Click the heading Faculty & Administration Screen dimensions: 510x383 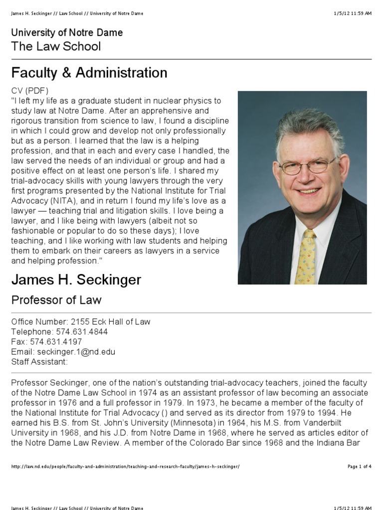coord(89,73)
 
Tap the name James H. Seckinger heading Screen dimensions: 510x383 coord(76,280)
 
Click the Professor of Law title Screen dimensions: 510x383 coord(56,300)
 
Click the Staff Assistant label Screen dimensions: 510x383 coord(39,362)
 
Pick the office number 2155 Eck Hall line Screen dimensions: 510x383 coord(81,322)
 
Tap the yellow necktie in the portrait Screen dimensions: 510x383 coord(306,256)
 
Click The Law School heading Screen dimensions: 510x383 coord(56,47)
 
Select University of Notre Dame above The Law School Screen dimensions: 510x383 coord(67,33)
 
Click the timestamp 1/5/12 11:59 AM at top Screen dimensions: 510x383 coord(353,13)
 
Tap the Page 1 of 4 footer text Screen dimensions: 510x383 coord(359,466)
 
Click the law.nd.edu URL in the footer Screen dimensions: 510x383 coord(125,466)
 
